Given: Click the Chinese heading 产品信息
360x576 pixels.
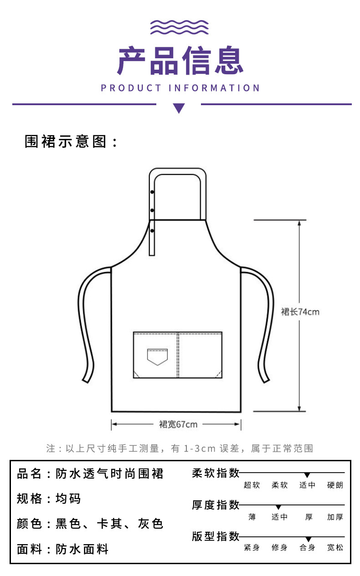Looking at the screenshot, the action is coord(180,61).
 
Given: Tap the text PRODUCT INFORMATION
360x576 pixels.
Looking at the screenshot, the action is coord(180,88).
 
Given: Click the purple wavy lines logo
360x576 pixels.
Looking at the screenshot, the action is coord(180,27).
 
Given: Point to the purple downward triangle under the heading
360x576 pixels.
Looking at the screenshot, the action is coord(179,108).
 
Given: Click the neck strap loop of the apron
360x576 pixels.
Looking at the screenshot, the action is coord(178,172).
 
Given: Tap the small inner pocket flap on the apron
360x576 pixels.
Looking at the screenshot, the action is coord(157,357).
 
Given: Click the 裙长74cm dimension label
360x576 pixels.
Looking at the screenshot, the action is coord(300,312).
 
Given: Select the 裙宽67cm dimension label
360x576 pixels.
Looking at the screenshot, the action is coord(178,424).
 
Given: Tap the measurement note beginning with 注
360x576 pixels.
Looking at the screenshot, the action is coord(180,449).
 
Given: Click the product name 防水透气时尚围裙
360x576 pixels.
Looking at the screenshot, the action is coord(109,474).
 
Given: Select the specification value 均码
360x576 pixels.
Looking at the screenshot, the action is coord(68,499).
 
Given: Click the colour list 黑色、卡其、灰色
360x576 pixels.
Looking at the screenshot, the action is coord(109,524).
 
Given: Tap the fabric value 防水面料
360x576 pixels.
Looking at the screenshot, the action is coord(82,549).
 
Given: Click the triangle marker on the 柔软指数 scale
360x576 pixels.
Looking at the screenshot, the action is coord(307,475).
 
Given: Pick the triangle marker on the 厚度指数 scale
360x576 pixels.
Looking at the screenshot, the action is coord(278,507).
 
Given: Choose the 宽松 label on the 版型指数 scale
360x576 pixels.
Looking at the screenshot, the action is coord(335,548).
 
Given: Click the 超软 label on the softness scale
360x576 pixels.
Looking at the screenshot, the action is coord(252,485).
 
